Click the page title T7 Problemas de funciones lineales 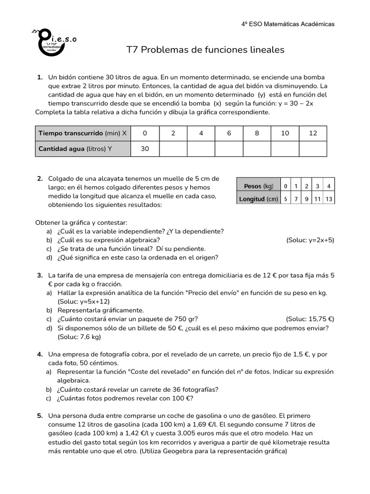coord(205,50)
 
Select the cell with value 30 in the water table coord(145,149)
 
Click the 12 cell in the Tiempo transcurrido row coord(313,133)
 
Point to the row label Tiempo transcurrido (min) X coord(83,133)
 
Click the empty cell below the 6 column coord(229,149)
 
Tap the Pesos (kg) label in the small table coord(259,186)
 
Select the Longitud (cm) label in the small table coord(259,198)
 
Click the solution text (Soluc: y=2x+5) coord(310,240)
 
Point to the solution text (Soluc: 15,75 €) coord(310,319)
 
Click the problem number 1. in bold coord(40,77)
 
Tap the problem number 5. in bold coord(40,415)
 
